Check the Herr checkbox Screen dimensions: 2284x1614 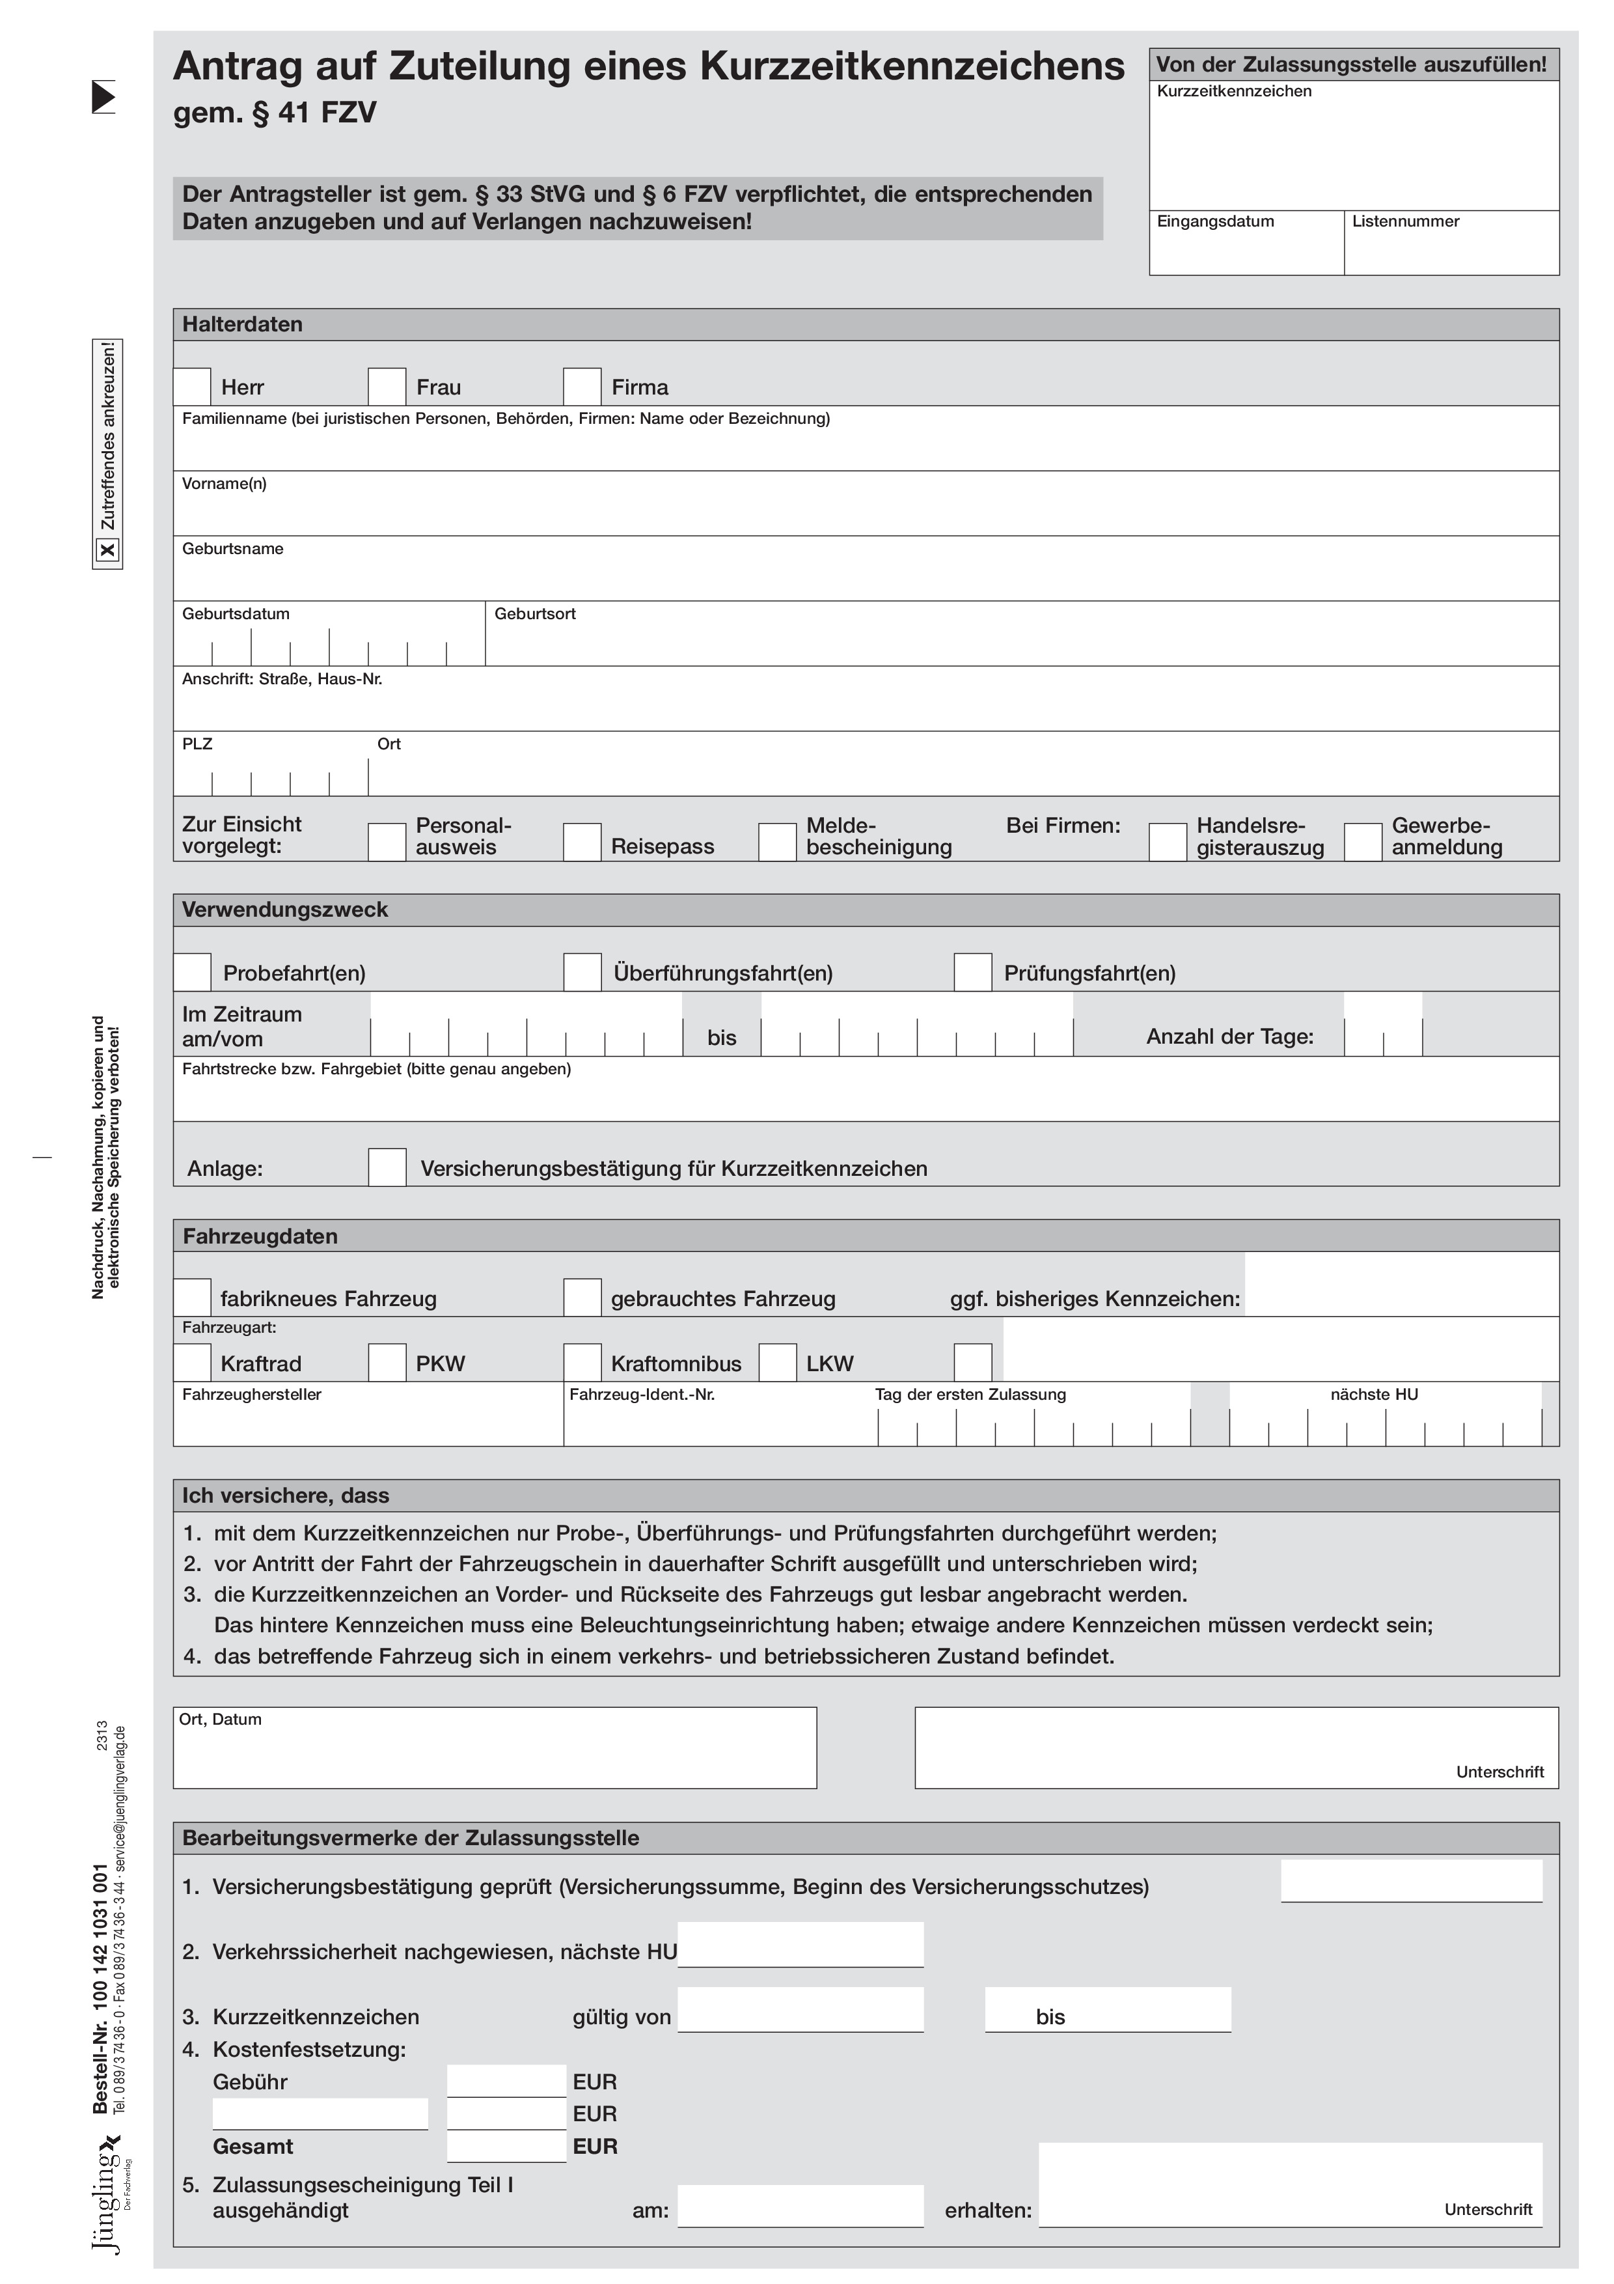(x=192, y=386)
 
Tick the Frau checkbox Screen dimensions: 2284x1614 (x=387, y=386)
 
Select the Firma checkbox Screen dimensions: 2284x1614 (x=582, y=386)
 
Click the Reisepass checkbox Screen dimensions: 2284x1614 (x=582, y=842)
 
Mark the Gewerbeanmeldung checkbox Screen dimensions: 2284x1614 (x=1362, y=842)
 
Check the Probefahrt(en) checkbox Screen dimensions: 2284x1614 (x=192, y=972)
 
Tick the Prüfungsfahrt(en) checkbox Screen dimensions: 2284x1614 (x=972, y=972)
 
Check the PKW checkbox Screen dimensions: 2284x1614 (x=387, y=1362)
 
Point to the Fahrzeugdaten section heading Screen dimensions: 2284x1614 (x=260, y=1236)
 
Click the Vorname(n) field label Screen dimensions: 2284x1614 (x=224, y=484)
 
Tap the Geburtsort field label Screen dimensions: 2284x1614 (x=535, y=614)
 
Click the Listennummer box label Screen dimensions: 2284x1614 (x=1405, y=221)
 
